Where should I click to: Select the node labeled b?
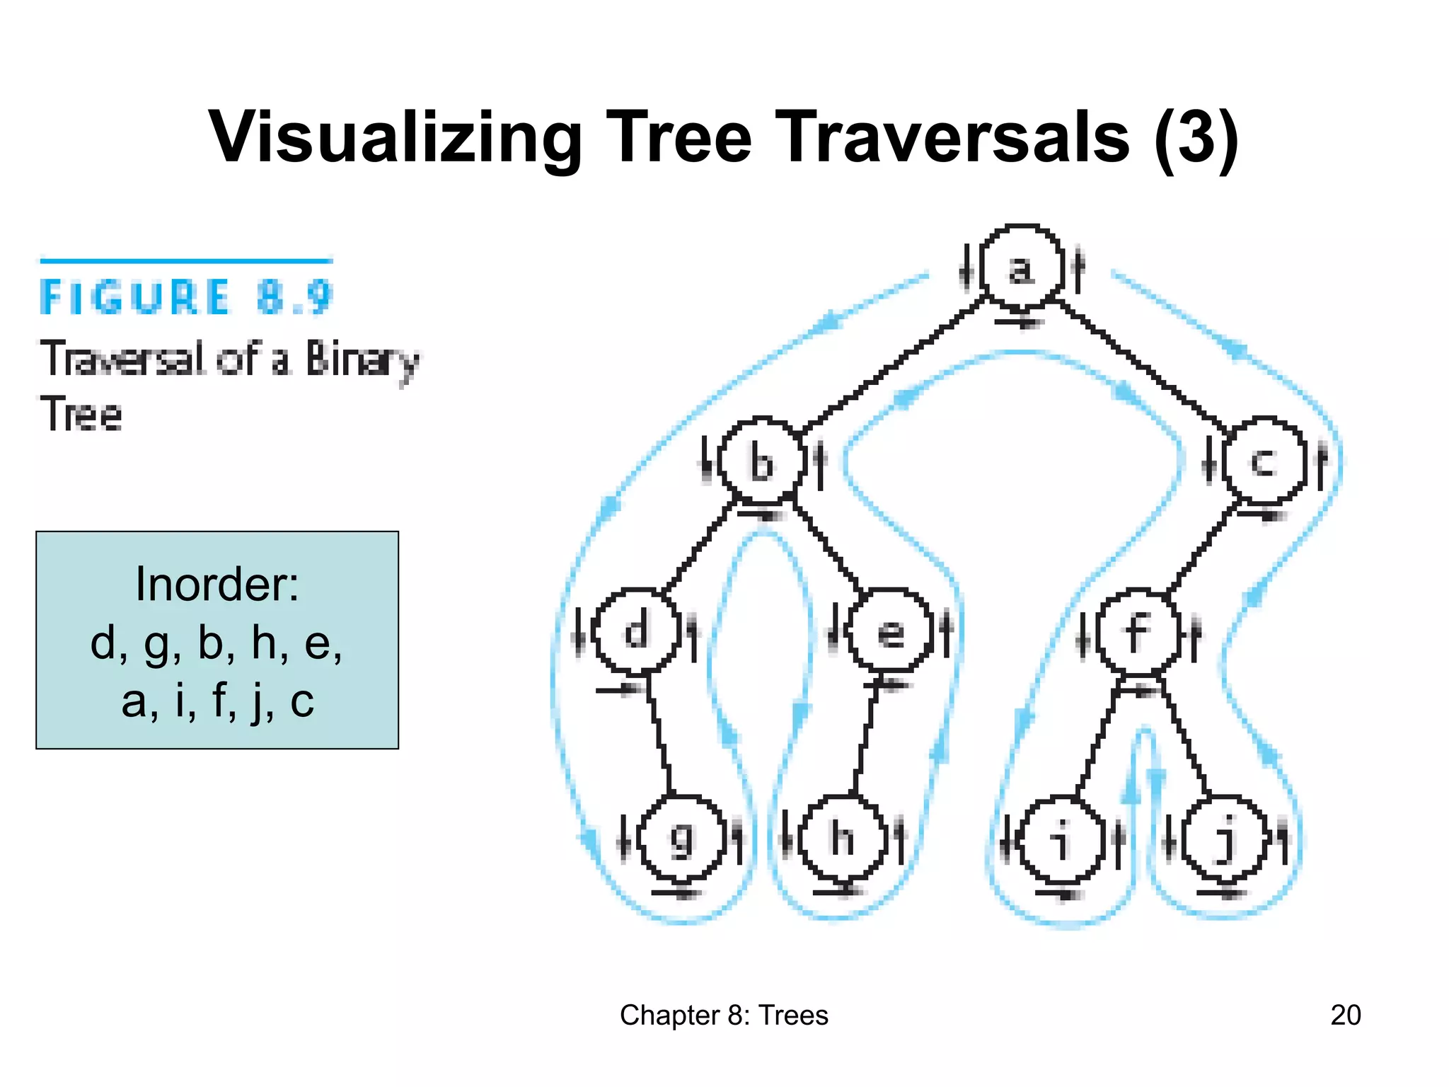[761, 461]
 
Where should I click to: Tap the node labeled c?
[1264, 461]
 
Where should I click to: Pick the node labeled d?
[636, 630]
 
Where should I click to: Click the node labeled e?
[890, 630]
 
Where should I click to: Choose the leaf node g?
[682, 839]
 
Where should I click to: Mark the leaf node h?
[842, 839]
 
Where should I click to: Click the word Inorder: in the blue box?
[217, 585]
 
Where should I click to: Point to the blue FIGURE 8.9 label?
[185, 297]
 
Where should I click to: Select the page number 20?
[1345, 1015]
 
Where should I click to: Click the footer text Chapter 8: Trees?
[724, 1015]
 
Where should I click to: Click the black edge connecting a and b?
[893, 364]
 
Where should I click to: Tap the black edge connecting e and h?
[865, 736]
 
